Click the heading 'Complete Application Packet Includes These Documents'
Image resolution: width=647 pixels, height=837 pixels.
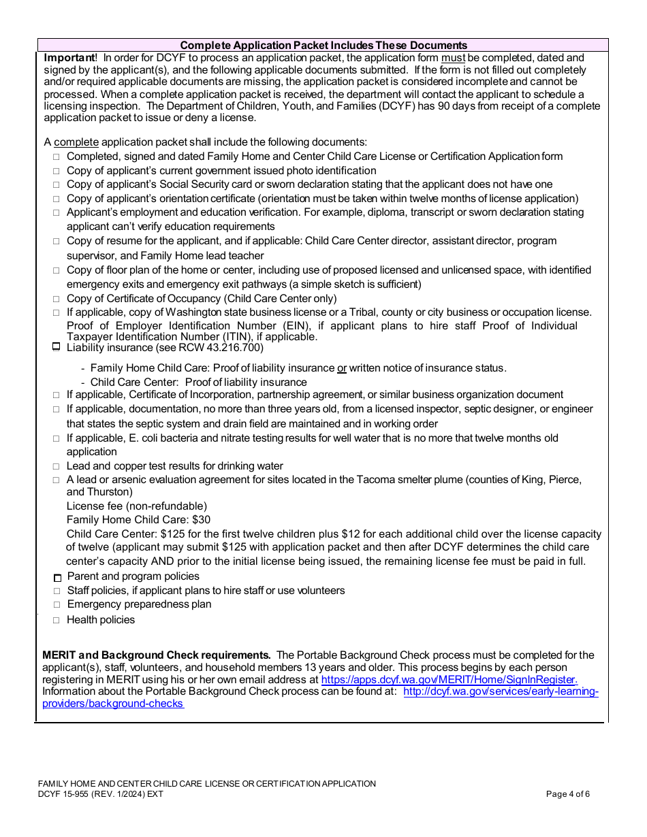click(x=323, y=45)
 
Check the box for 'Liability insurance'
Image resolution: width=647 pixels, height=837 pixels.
click(x=57, y=347)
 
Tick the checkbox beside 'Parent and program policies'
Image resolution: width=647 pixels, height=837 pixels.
click(x=57, y=577)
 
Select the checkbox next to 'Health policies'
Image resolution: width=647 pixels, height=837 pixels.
click(x=57, y=620)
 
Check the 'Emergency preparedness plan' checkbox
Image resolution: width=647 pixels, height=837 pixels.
click(x=57, y=605)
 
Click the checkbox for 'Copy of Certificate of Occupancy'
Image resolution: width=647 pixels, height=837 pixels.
click(x=57, y=299)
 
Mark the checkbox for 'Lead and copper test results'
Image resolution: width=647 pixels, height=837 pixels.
click(x=57, y=467)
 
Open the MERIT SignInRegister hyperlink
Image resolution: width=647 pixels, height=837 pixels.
click(x=449, y=679)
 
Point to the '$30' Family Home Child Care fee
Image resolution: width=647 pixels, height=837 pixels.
click(x=202, y=520)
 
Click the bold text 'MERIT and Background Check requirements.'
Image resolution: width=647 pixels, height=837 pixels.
click(x=157, y=655)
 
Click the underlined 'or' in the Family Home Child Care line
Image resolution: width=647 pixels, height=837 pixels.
click(x=342, y=368)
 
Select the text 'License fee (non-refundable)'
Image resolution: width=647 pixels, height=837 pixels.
click(x=137, y=506)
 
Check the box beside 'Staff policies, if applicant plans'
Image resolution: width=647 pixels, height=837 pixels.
click(x=57, y=591)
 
